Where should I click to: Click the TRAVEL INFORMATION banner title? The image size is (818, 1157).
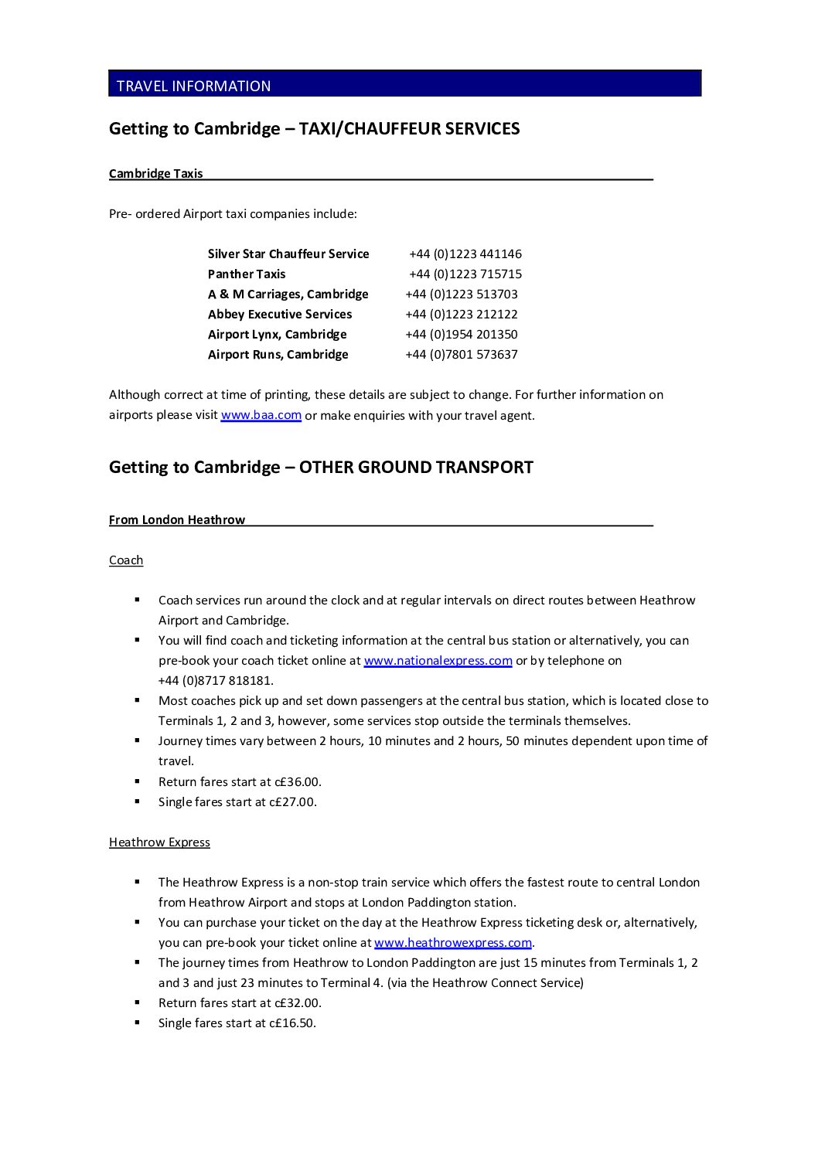click(x=193, y=86)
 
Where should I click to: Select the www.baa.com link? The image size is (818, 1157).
click(x=261, y=415)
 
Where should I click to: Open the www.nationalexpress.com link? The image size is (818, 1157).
click(x=438, y=661)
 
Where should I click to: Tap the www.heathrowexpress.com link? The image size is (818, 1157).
click(x=453, y=943)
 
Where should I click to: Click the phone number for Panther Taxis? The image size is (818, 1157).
click(x=465, y=274)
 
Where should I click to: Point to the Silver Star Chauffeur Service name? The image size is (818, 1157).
click(x=288, y=254)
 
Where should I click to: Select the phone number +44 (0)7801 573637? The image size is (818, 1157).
click(x=462, y=355)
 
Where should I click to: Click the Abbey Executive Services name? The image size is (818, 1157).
click(x=280, y=315)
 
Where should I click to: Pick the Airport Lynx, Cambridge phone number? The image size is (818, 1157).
click(x=462, y=335)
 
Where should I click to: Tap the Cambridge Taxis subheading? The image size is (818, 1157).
click(x=155, y=174)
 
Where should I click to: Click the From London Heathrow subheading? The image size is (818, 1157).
click(x=176, y=520)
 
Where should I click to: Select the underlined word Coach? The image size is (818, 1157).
click(x=126, y=560)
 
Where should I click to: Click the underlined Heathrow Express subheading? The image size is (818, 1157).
click(x=159, y=842)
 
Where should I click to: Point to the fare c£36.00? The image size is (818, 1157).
click(x=298, y=782)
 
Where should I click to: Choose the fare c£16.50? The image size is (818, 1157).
click(x=293, y=1023)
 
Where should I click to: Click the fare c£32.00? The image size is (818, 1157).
click(x=298, y=1003)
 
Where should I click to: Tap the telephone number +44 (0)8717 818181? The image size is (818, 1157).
click(x=216, y=681)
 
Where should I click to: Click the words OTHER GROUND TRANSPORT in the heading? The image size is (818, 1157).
click(x=416, y=468)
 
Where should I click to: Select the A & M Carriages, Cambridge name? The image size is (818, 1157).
click(x=288, y=294)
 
